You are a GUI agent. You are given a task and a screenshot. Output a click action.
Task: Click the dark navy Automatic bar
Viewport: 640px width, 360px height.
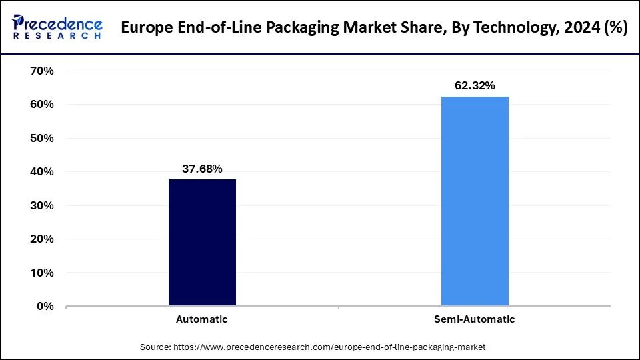point(202,243)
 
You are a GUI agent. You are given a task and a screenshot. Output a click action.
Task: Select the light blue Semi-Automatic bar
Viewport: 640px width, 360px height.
point(475,201)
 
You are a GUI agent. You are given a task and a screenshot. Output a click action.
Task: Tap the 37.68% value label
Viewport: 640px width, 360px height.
point(202,169)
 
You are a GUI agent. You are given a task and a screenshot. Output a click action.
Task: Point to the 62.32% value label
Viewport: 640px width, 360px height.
point(475,86)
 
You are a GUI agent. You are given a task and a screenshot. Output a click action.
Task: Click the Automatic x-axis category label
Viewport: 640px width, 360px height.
point(202,319)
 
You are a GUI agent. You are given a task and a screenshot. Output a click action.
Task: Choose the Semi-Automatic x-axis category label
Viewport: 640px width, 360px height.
point(475,319)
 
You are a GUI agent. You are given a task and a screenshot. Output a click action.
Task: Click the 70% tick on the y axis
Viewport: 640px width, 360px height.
point(41,71)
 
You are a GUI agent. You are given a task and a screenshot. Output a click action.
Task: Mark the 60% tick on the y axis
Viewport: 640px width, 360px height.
point(41,105)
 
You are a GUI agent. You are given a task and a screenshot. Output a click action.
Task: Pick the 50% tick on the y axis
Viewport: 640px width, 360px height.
point(41,138)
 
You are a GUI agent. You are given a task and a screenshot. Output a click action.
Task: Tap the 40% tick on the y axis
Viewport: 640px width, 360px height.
point(41,172)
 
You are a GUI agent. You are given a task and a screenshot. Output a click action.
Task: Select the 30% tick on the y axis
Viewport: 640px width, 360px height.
point(41,205)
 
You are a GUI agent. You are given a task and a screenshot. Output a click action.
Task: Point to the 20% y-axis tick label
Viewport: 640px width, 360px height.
point(41,239)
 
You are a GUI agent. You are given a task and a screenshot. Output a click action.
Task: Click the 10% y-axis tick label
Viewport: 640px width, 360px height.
point(41,273)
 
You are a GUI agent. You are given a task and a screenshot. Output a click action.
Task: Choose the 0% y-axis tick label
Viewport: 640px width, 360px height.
point(44,307)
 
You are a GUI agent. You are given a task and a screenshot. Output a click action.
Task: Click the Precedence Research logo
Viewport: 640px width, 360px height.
point(57,27)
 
